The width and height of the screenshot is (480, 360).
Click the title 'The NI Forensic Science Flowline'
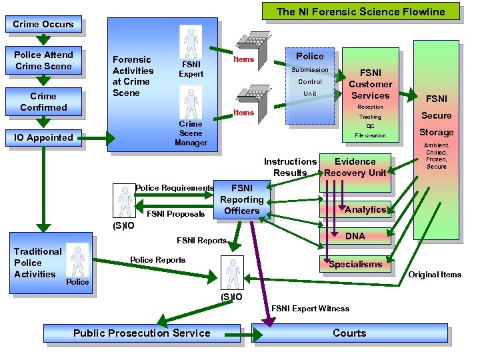click(x=360, y=11)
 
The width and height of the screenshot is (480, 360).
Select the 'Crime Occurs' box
click(x=43, y=25)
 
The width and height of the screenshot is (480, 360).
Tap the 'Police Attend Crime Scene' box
click(x=43, y=60)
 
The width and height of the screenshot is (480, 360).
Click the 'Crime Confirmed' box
click(x=43, y=101)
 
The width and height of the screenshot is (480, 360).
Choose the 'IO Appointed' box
click(x=43, y=137)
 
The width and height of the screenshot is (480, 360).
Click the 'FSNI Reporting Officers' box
click(x=241, y=199)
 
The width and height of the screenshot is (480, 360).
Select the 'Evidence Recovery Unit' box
click(x=355, y=167)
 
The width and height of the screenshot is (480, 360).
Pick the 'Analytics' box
click(x=365, y=209)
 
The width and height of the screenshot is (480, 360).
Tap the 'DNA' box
click(x=355, y=236)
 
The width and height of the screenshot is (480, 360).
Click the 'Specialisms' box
click(x=355, y=264)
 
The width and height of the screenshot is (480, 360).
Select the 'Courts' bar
click(x=349, y=333)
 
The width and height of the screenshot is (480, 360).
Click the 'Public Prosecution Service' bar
click(x=141, y=333)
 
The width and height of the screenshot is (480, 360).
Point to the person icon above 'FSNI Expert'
click(x=191, y=42)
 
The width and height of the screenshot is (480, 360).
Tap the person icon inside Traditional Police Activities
click(x=78, y=259)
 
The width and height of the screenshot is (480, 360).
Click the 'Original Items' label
click(x=434, y=275)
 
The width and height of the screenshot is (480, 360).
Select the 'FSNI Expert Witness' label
click(x=310, y=309)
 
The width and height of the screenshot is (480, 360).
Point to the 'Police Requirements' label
click(x=174, y=188)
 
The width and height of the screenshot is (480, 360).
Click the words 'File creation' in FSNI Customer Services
click(x=370, y=135)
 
